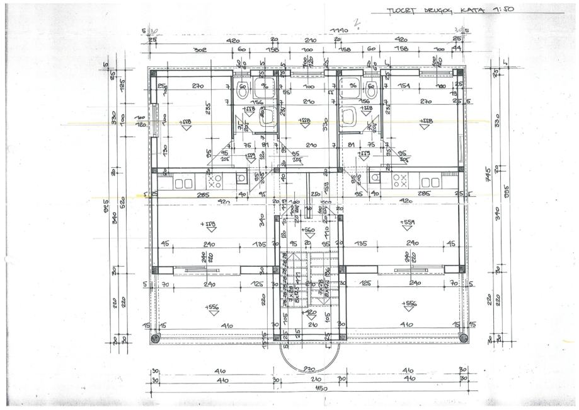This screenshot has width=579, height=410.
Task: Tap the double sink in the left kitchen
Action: click(184, 184)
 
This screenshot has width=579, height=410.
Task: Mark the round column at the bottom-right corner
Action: click(464, 338)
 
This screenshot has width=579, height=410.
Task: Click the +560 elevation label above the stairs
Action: click(308, 231)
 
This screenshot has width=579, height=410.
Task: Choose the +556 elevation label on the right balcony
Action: click(410, 303)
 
